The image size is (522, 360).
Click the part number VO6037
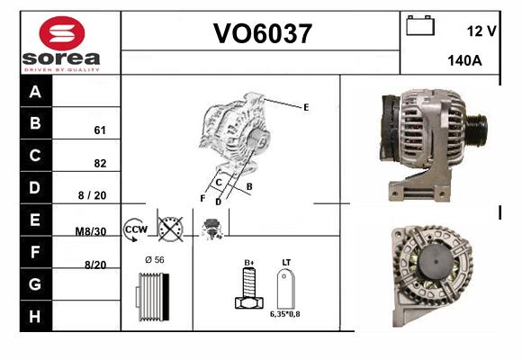262,33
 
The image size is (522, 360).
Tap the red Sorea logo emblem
62,33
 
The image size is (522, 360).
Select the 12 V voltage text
481,31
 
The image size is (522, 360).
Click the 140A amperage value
464,60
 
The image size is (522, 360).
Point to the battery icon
420,25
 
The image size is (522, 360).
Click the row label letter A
35,92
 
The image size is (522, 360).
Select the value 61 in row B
100,130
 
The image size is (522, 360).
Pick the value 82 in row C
100,163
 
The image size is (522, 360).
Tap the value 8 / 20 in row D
92,195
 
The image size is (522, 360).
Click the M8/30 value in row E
91,231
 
